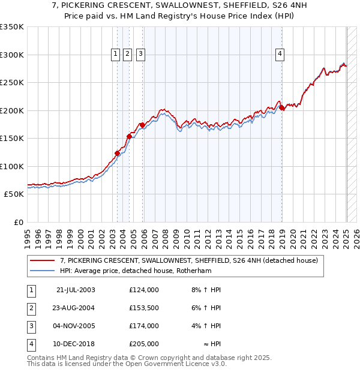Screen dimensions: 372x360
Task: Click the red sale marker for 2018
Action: (x=282, y=108)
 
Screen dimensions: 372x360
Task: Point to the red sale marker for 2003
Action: (x=118, y=153)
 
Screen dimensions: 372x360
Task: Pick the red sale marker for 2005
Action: (x=142, y=125)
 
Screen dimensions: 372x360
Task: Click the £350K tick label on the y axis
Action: (x=12, y=27)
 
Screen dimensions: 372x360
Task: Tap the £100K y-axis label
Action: (x=12, y=166)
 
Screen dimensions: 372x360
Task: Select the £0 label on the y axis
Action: (x=18, y=222)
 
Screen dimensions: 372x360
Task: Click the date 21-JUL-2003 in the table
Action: (x=76, y=290)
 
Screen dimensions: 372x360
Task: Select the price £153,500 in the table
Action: (x=144, y=308)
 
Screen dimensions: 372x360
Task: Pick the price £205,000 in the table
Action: (x=144, y=344)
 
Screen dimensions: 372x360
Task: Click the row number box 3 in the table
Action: (x=31, y=326)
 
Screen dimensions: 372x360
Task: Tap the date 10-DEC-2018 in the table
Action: (x=76, y=344)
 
